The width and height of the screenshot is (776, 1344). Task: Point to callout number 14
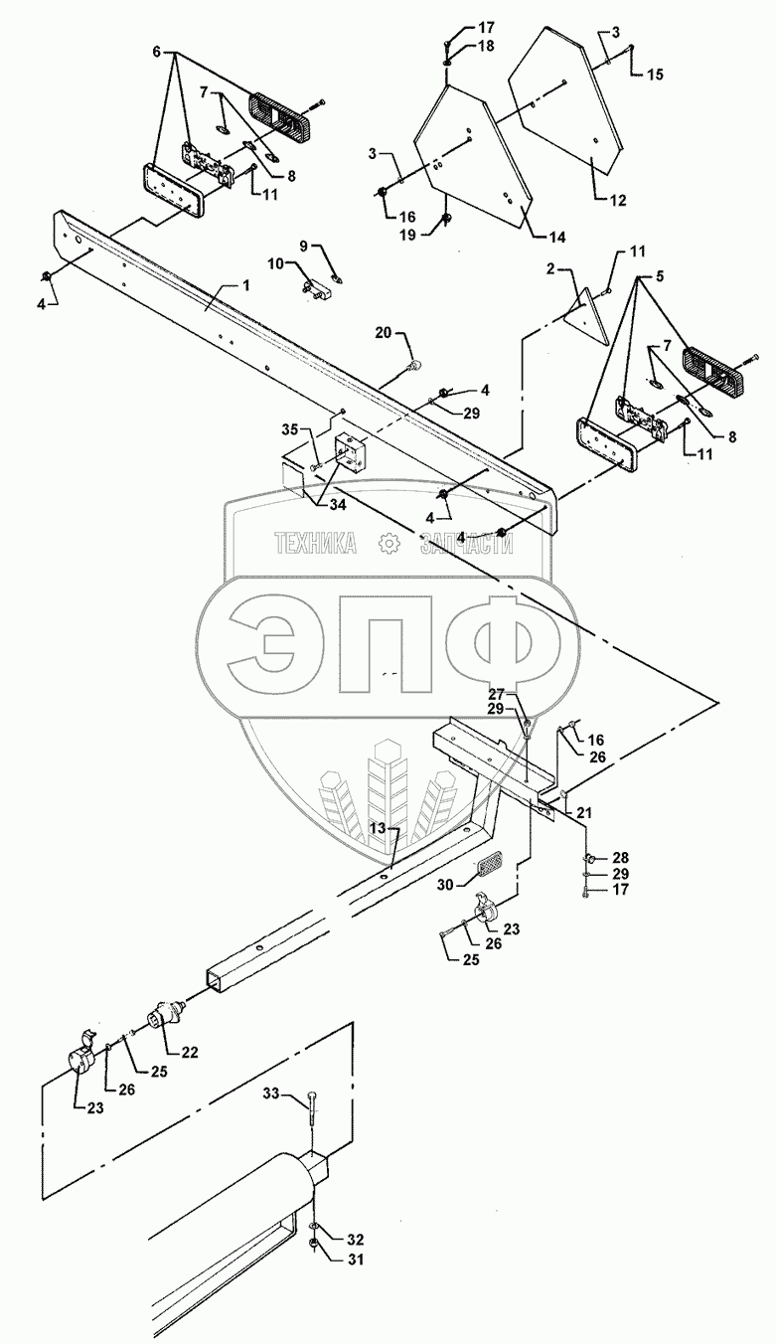(556, 237)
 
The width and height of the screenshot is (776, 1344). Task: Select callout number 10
(275, 263)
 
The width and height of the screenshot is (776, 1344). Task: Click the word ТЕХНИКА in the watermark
(315, 543)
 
